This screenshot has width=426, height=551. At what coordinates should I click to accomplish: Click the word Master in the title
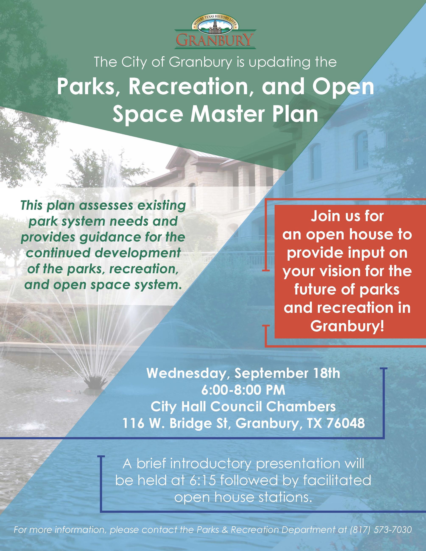pos(237,114)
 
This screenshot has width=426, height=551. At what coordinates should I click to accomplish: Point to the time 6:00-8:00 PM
pos(243,390)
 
